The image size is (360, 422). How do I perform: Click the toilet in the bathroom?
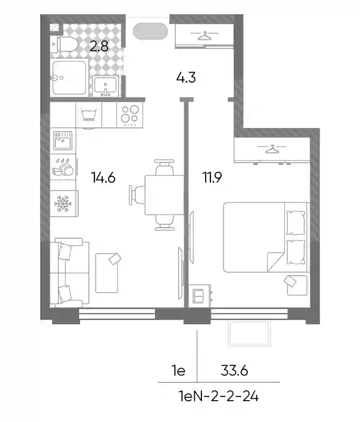pyautogui.click(x=64, y=44)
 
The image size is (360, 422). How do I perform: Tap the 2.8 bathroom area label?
pyautogui.click(x=99, y=46)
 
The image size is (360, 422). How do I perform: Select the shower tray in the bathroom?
pyautogui.click(x=69, y=77)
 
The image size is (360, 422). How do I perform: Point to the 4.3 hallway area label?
pyautogui.click(x=186, y=78)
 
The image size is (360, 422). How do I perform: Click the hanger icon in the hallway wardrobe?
pyautogui.click(x=205, y=36)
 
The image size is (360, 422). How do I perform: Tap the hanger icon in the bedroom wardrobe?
pyautogui.click(x=272, y=149)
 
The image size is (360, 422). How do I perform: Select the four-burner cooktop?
pyautogui.click(x=130, y=115)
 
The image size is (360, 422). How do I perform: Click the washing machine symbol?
pyautogui.click(x=89, y=115)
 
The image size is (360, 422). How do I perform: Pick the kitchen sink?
pyautogui.click(x=63, y=140)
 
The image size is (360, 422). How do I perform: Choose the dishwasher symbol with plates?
pyautogui.click(x=63, y=167)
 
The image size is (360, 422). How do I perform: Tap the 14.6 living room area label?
pyautogui.click(x=103, y=178)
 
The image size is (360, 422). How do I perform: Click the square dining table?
pyautogui.click(x=164, y=195)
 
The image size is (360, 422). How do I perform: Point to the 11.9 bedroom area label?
pyautogui.click(x=212, y=178)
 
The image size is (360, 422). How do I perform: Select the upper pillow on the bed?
pyautogui.click(x=296, y=222)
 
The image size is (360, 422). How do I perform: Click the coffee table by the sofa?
pyautogui.click(x=107, y=273)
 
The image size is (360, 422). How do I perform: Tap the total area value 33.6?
pyautogui.click(x=234, y=371)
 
